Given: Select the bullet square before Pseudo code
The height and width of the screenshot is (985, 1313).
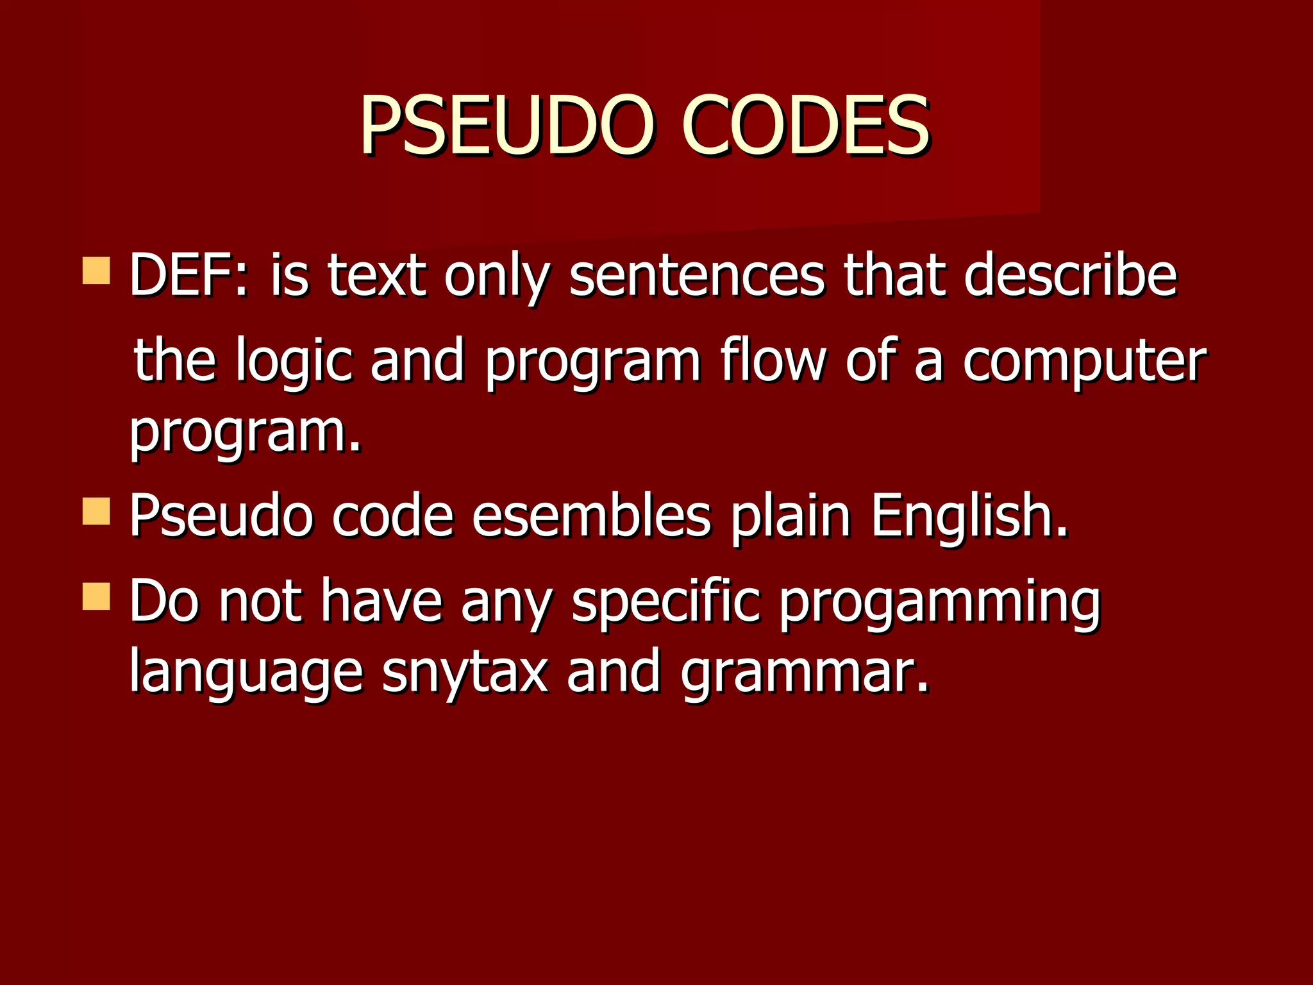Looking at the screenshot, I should [96, 511].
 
